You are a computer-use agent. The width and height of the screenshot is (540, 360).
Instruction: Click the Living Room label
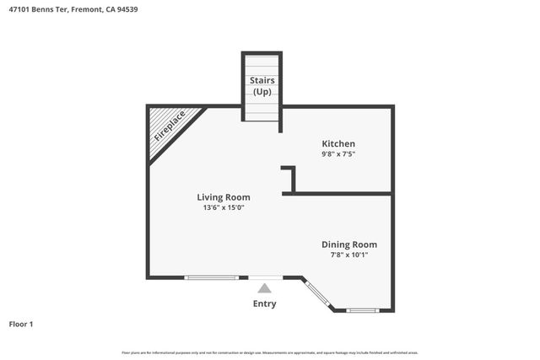pyautogui.click(x=224, y=196)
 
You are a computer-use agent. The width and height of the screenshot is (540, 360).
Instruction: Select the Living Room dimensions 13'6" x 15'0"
pyautogui.click(x=224, y=207)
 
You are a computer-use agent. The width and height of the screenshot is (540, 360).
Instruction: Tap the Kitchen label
pyautogui.click(x=337, y=143)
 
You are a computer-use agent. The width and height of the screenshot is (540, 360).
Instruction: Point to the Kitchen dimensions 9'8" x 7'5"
pyautogui.click(x=337, y=154)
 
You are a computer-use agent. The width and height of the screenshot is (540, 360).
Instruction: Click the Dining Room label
pyautogui.click(x=348, y=244)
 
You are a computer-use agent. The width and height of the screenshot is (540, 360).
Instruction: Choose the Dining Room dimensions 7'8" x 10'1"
pyautogui.click(x=348, y=255)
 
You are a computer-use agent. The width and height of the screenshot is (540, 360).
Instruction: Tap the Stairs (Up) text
pyautogui.click(x=262, y=85)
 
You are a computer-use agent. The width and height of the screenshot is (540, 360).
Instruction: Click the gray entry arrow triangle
pyautogui.click(x=264, y=288)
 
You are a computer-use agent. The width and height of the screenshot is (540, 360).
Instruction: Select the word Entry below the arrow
pyautogui.click(x=264, y=304)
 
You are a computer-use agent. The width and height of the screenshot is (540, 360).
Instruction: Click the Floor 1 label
pyautogui.click(x=21, y=324)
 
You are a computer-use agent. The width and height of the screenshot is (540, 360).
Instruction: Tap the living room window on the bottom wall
pyautogui.click(x=212, y=277)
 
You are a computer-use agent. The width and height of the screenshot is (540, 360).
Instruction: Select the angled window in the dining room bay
pyautogui.click(x=318, y=293)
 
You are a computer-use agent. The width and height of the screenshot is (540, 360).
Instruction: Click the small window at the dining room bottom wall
pyautogui.click(x=363, y=310)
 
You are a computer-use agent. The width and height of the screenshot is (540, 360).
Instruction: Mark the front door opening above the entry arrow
pyautogui.click(x=265, y=277)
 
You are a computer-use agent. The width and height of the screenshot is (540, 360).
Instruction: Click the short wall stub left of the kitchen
pyautogui.click(x=292, y=178)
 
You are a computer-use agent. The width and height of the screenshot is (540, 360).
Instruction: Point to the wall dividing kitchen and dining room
pyautogui.click(x=337, y=194)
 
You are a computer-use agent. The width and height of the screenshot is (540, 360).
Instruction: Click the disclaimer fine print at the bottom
pyautogui.click(x=270, y=352)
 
